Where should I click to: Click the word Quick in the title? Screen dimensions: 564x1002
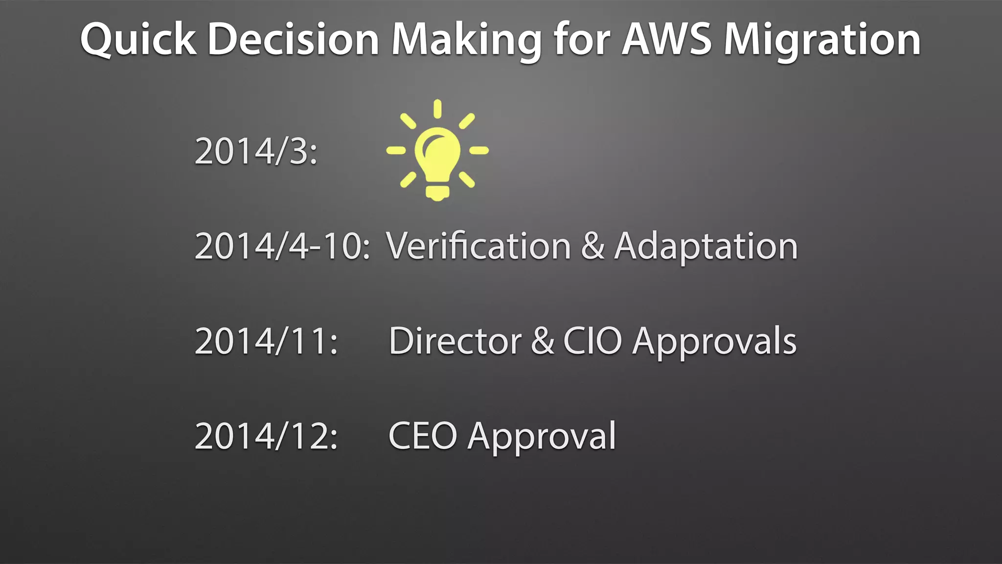[x=138, y=40]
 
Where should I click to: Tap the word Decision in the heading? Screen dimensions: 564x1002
[x=293, y=40]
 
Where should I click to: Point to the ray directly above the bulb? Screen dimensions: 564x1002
[x=437, y=109]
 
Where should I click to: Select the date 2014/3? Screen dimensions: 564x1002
[x=256, y=151]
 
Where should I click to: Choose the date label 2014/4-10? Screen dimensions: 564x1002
[x=282, y=246]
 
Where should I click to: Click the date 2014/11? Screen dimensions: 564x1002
[x=266, y=341]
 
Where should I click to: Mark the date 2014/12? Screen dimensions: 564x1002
[x=266, y=436]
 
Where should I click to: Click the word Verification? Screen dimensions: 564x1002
[x=478, y=246]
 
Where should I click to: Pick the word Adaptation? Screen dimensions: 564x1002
[x=706, y=247]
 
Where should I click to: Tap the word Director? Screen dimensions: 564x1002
[x=455, y=341]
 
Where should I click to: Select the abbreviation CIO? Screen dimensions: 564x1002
[x=592, y=341]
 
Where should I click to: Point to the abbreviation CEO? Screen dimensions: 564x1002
[x=423, y=436]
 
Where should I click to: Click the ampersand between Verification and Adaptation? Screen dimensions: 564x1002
[x=592, y=246]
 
